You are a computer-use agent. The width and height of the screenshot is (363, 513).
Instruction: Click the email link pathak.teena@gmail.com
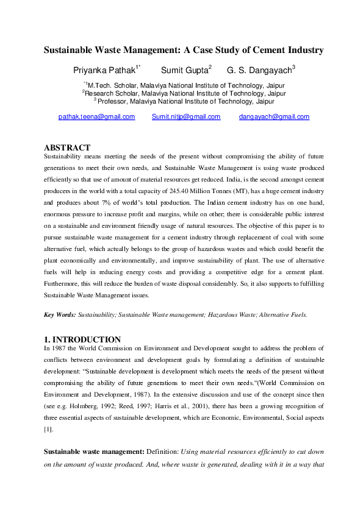96,116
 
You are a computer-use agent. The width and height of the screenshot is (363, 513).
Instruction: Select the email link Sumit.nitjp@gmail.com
185,116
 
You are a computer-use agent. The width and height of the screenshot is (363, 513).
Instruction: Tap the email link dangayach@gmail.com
274,116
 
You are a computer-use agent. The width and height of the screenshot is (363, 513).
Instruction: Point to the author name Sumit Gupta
184,70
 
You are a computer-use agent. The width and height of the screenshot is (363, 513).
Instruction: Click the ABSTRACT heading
67,147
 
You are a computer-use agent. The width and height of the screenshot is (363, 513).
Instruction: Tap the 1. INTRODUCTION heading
82,339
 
